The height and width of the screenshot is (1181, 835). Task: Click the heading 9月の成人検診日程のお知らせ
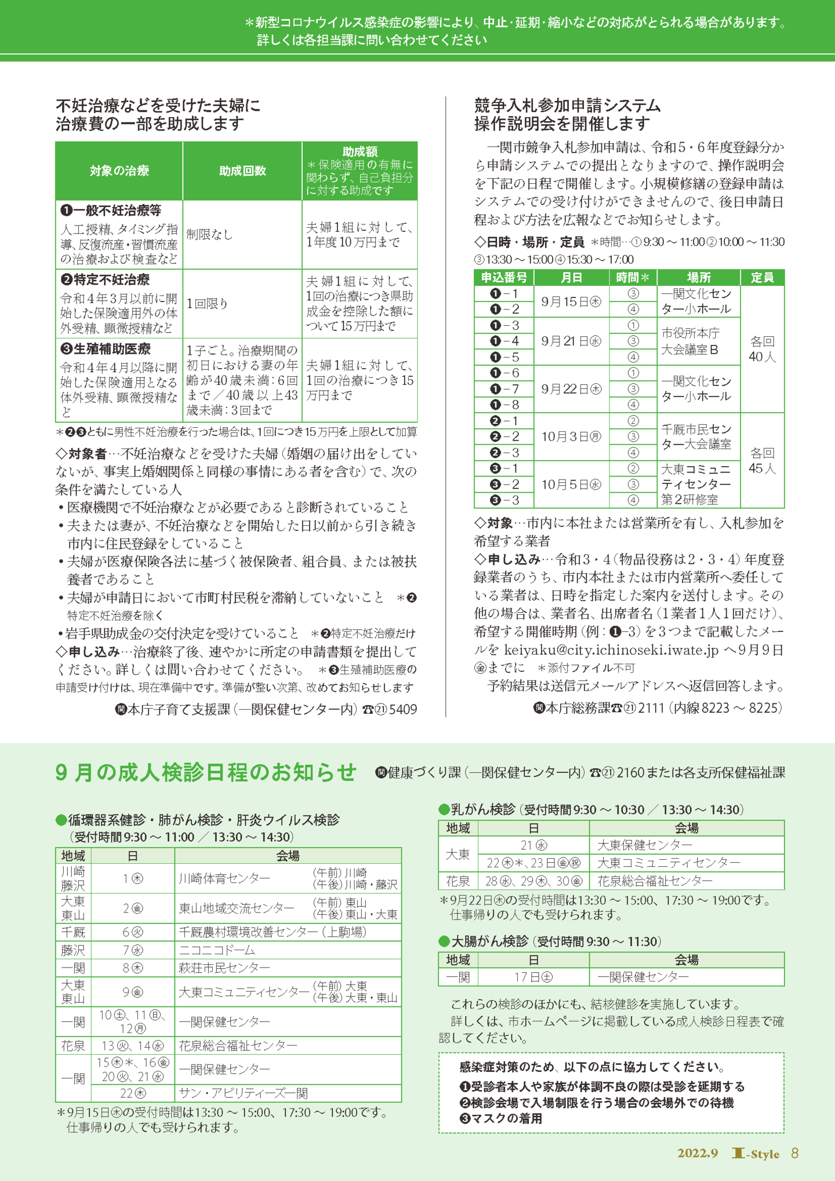[206, 773]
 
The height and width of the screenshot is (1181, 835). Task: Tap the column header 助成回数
[242, 171]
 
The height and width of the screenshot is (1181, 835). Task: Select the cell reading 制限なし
[210, 234]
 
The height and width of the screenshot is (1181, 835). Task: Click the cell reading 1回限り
[207, 303]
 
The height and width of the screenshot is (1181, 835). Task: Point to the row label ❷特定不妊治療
[105, 280]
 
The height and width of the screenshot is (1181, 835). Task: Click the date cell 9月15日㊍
[571, 301]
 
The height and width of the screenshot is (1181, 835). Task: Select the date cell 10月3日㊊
[571, 437]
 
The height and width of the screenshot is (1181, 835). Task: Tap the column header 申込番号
[503, 278]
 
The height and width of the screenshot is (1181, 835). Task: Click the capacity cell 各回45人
[762, 460]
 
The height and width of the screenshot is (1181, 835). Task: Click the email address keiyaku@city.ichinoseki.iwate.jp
[611, 650]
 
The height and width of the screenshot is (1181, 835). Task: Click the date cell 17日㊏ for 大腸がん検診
[533, 977]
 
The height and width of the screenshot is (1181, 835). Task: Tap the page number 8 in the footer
[795, 1153]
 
